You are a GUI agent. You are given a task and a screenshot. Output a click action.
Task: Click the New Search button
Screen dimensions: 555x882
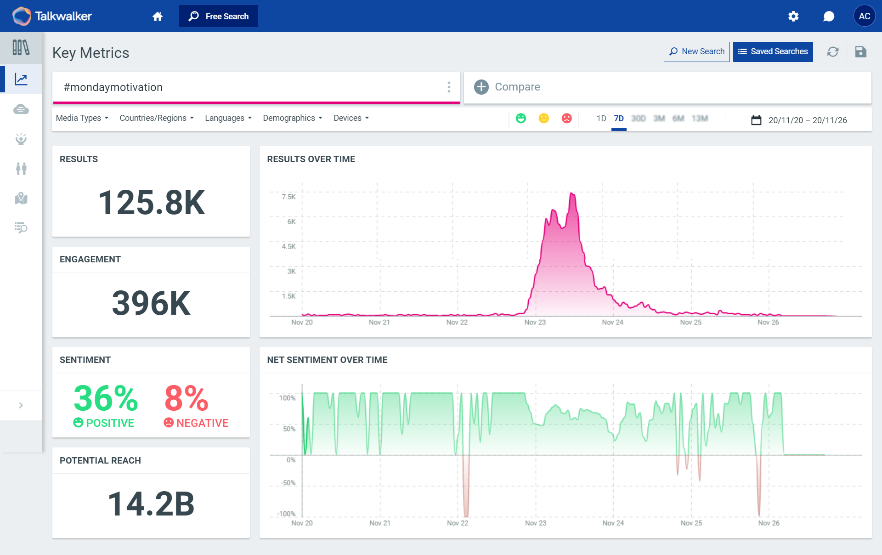696,51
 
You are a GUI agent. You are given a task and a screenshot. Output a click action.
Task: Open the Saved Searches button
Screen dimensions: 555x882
773,51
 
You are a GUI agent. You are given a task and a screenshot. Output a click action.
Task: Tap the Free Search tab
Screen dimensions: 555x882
218,16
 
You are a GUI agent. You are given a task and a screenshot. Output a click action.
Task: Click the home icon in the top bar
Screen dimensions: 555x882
158,17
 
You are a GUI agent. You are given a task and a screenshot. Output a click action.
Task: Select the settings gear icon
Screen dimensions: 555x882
793,17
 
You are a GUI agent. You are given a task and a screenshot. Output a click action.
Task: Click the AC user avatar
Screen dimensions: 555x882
864,16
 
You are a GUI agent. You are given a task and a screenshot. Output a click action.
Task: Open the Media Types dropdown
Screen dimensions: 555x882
82,118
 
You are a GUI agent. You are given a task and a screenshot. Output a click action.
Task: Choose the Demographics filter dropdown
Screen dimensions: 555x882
293,118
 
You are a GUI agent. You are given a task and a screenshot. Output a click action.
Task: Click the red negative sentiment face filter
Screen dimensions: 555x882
566,119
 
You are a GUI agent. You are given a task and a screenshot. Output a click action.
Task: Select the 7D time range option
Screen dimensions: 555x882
619,119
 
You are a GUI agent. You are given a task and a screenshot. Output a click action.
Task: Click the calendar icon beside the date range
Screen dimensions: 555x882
756,120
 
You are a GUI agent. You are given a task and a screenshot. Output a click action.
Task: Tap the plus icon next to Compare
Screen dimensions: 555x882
481,87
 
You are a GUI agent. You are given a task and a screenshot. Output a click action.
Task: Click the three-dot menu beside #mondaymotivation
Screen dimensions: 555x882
449,87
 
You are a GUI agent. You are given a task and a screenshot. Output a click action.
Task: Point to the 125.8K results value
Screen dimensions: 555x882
151,203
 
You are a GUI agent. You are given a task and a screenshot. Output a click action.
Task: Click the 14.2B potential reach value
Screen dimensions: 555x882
151,504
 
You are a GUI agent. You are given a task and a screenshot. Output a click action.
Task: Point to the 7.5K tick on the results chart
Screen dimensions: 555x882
288,197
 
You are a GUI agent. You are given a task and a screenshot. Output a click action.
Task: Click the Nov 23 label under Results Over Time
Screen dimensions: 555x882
535,322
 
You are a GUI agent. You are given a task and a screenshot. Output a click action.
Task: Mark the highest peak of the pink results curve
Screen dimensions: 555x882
572,193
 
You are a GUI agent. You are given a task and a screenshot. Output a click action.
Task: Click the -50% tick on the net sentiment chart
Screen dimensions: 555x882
288,483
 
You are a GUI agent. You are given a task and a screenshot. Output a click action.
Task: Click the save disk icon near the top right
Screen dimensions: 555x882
860,51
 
